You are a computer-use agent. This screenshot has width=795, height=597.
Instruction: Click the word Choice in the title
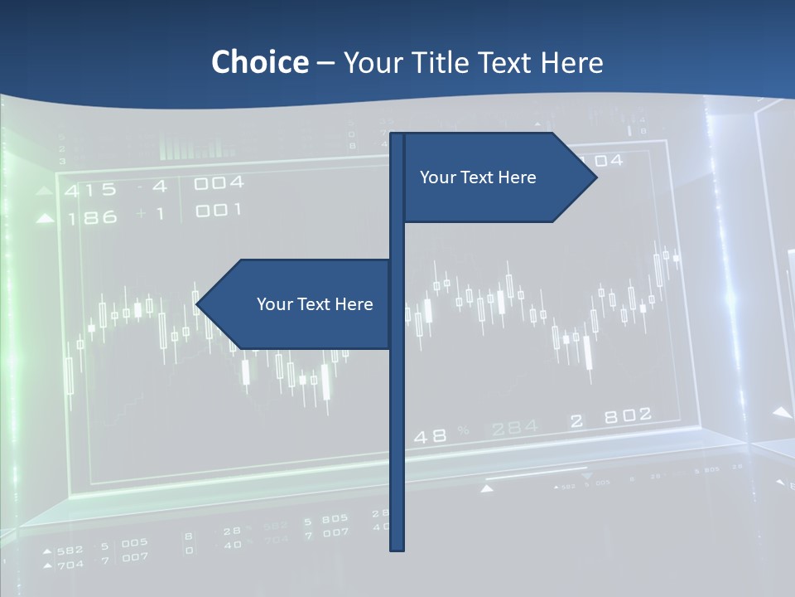coord(259,62)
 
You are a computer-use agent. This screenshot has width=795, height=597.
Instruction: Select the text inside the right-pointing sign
coord(478,177)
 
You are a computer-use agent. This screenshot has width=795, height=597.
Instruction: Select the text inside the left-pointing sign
coord(315,304)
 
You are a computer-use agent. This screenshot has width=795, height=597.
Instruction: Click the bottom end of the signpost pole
coord(397,547)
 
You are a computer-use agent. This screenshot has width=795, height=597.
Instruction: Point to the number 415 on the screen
coord(91,190)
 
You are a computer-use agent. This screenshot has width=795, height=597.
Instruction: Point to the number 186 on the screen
coord(93,219)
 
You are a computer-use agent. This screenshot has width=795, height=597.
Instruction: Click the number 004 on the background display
coord(219,182)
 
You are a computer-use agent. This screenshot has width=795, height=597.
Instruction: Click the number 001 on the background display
coord(219,211)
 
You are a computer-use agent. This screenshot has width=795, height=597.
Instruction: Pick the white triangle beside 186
coord(46,219)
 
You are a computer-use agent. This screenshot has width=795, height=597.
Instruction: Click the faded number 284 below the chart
coord(514,428)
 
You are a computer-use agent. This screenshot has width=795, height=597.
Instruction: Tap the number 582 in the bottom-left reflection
coord(70,550)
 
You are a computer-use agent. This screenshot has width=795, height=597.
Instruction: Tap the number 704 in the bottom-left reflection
coord(70,565)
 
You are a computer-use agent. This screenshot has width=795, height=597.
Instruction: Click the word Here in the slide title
coord(571,62)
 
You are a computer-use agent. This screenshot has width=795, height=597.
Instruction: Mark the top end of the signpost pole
coord(397,135)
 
